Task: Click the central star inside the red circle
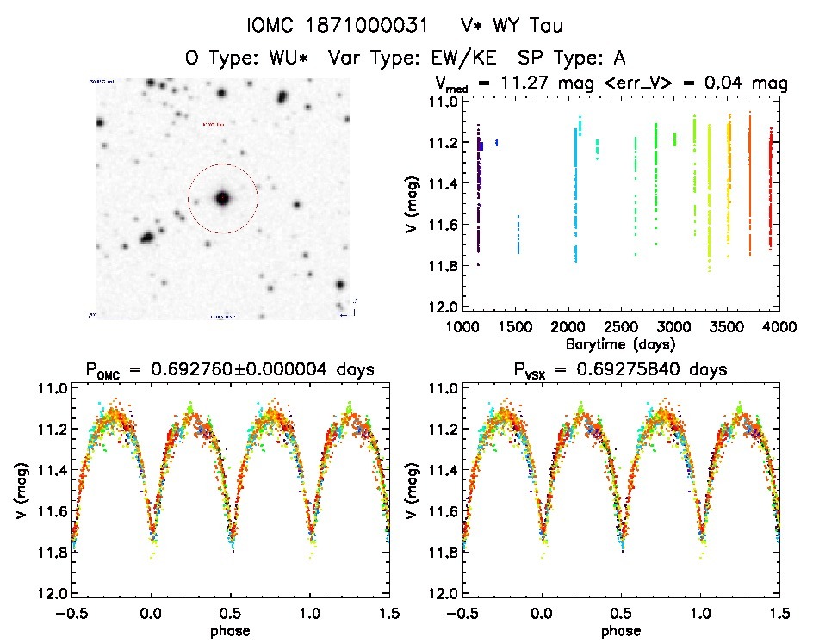[x=222, y=198]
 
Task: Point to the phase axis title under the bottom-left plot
[x=230, y=629]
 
